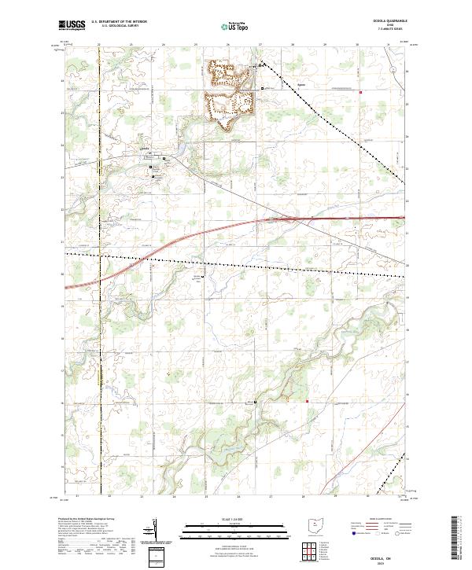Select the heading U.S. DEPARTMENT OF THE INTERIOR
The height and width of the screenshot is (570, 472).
point(119,21)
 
